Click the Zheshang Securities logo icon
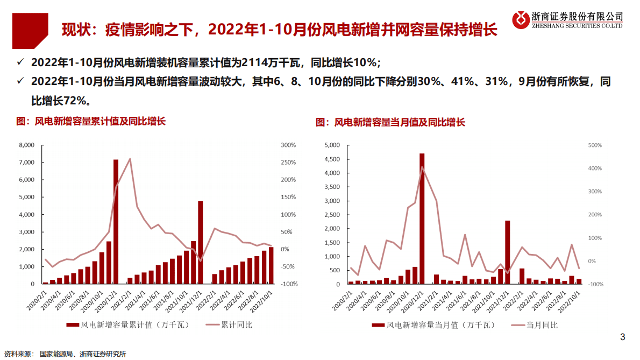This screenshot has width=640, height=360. coord(520,19)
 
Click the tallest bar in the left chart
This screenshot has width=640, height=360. coord(116,221)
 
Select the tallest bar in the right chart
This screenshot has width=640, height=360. coord(422,218)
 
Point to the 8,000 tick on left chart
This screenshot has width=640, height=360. coord(26,145)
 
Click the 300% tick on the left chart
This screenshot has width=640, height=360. coord(289,145)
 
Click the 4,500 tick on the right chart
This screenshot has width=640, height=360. coord(331,159)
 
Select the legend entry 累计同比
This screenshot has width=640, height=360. coord(237,324)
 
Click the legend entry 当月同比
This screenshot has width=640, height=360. coord(542,325)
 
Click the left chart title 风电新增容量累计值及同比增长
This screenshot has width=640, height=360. coord(91,122)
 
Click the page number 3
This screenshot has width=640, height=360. coord(623,337)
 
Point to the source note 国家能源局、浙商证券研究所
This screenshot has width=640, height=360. coord(83,354)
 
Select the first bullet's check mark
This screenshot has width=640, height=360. coord(20,63)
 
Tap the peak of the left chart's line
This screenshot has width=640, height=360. coord(130,159)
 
